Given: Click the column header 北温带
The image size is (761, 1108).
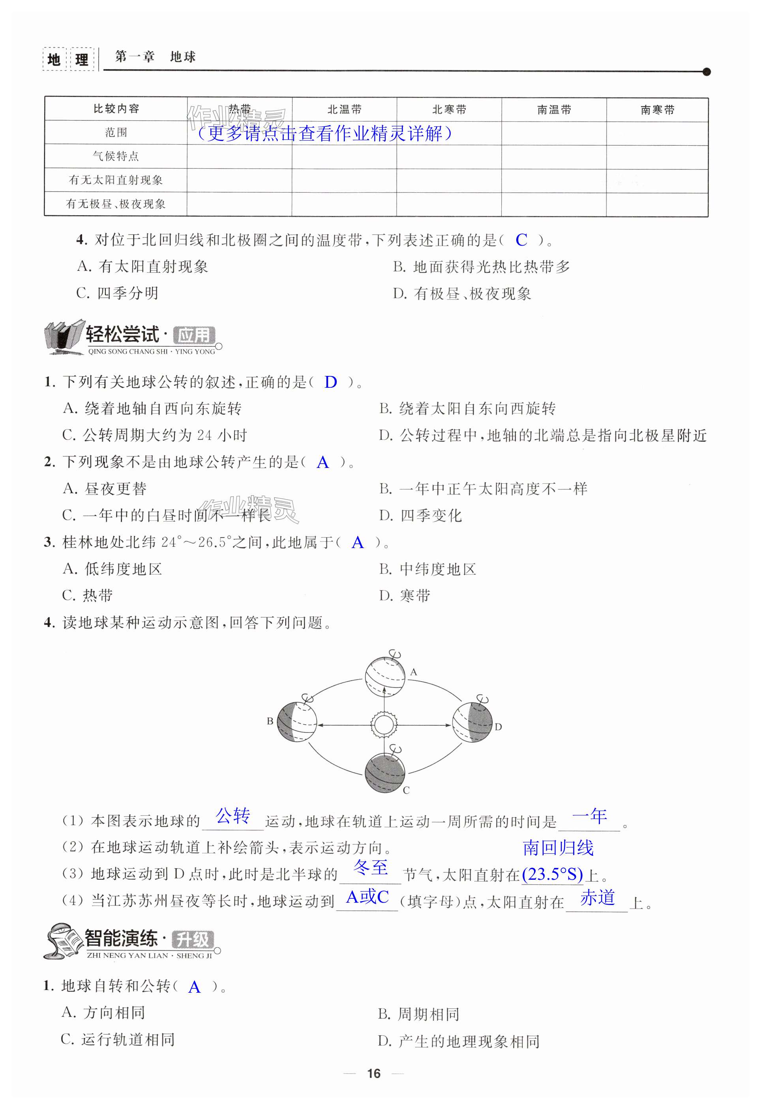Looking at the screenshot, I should (344, 110).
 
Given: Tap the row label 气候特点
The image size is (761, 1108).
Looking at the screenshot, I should (116, 156).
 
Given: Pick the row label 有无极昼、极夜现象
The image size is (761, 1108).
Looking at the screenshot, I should (116, 204).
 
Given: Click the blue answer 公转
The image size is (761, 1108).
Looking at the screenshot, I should (233, 816).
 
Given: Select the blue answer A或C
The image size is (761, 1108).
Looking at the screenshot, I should (367, 897).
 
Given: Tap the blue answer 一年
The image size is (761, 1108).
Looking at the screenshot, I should (589, 816).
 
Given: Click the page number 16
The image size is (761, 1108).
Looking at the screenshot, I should (374, 1073).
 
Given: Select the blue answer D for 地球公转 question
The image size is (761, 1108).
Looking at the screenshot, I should (330, 382).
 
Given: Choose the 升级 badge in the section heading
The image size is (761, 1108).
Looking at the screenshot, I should (192, 940).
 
